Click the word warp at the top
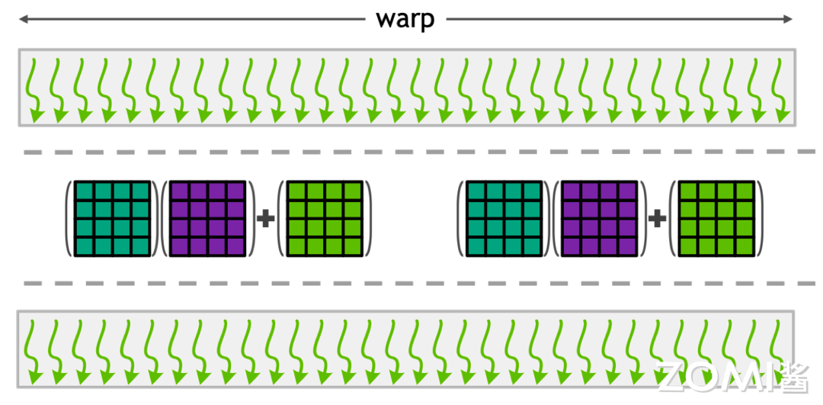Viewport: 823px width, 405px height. tap(405, 18)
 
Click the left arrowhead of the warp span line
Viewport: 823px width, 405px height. tap(23, 19)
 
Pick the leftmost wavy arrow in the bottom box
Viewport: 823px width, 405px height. tap(34, 351)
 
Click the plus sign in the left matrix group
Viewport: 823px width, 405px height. tap(265, 220)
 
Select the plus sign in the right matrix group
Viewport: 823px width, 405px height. tap(657, 220)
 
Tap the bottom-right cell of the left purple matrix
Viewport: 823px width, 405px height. tap(239, 246)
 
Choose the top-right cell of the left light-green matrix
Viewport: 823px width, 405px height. tap(353, 191)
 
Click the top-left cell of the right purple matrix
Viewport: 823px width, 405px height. tap(572, 191)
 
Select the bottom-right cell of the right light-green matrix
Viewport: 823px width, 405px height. tap(745, 246)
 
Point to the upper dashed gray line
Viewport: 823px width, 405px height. tap(411, 153)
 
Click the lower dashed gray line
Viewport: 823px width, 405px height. tap(411, 284)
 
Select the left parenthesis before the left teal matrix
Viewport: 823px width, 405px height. tap(69, 219)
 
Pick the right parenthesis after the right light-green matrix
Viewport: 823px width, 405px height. tap(760, 219)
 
